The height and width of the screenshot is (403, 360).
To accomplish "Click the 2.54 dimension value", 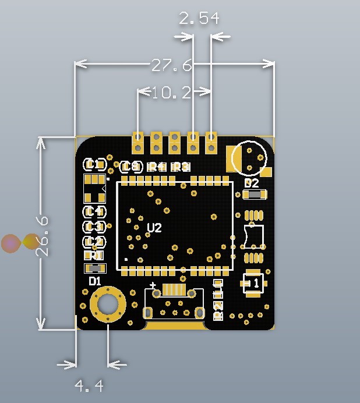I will point(199,19).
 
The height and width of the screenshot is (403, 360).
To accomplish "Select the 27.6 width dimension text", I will point(171,65).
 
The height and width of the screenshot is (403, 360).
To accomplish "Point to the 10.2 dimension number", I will point(171,93).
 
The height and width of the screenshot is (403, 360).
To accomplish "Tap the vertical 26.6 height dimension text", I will point(43,236).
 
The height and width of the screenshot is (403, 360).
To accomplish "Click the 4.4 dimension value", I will point(89,385).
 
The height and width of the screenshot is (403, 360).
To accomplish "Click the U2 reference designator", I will point(154,228).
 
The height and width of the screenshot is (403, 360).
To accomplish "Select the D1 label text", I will point(95,281).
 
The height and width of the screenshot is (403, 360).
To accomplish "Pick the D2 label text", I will point(252,183).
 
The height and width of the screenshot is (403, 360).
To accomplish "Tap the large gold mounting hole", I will point(108,304).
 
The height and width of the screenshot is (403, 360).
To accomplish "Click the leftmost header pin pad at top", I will point(138,140).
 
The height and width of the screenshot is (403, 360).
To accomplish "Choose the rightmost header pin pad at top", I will point(211,140).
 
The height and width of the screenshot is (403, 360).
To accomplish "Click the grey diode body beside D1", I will point(95,268).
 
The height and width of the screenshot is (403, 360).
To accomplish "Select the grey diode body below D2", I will point(255,195).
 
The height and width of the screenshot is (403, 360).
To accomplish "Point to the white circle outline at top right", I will point(249,158).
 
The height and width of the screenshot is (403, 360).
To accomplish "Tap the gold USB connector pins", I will point(174,290).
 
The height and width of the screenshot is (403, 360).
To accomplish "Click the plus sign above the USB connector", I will point(153,285).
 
